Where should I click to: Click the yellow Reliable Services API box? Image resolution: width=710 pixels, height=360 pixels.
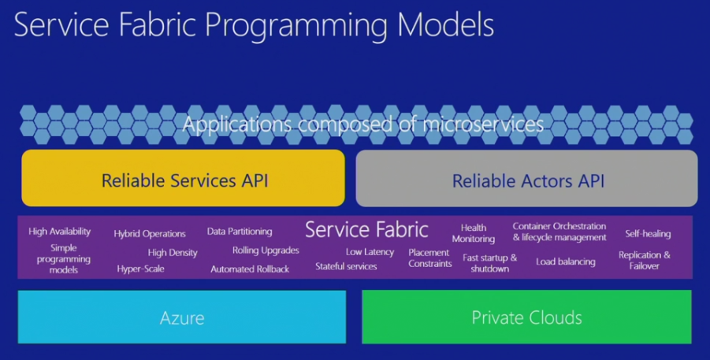click(x=184, y=180)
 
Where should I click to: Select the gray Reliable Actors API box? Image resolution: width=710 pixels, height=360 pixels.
click(x=527, y=181)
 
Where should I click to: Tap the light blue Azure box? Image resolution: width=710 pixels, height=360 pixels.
click(x=182, y=318)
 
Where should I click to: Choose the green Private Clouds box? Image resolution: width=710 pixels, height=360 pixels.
click(x=526, y=318)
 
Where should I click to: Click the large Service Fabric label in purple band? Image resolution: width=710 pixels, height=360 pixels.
click(x=366, y=229)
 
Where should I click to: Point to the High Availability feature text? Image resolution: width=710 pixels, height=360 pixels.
click(x=60, y=232)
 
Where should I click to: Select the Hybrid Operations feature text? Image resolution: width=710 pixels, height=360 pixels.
click(x=150, y=234)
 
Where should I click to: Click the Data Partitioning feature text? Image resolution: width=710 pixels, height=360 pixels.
click(x=240, y=232)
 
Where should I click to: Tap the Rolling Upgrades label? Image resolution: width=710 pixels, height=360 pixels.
click(x=266, y=251)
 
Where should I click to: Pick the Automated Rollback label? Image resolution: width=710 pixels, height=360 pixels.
click(x=250, y=269)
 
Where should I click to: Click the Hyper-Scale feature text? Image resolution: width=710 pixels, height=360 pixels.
click(x=141, y=269)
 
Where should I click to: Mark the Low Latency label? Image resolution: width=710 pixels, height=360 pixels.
click(x=370, y=252)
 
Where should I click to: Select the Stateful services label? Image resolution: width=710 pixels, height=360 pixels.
click(x=346, y=266)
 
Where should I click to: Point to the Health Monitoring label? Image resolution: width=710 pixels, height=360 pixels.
click(x=474, y=233)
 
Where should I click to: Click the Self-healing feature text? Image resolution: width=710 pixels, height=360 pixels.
click(x=648, y=234)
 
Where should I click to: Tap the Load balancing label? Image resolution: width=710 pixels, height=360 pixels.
click(x=566, y=262)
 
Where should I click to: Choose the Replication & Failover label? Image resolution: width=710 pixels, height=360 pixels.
click(x=645, y=261)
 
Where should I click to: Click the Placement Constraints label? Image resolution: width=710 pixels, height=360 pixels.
click(x=430, y=258)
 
